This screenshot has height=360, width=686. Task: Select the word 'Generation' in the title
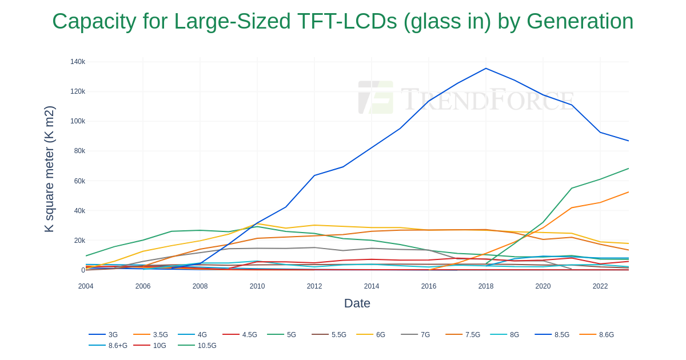pyautogui.click(x=580, y=22)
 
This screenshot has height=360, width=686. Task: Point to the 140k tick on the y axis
pyautogui.click(x=78, y=62)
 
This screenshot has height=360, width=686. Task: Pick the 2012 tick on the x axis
pyautogui.click(x=314, y=286)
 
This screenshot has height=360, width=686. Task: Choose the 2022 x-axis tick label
pyautogui.click(x=600, y=286)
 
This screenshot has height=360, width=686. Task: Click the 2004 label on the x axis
pyautogui.click(x=86, y=286)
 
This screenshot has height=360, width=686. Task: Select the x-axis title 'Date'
pyautogui.click(x=357, y=303)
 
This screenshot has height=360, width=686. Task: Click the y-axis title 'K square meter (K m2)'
pyautogui.click(x=49, y=169)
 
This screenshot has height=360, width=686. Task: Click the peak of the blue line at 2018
pyautogui.click(x=486, y=69)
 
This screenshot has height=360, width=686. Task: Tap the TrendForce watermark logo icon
pyautogui.click(x=376, y=97)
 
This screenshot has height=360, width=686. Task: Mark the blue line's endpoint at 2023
pyautogui.click(x=629, y=141)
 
